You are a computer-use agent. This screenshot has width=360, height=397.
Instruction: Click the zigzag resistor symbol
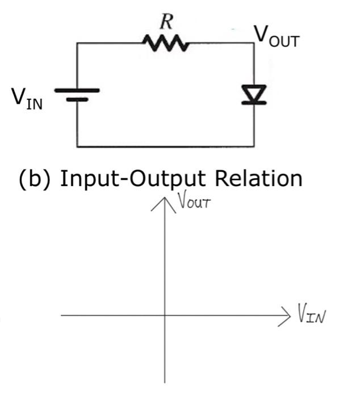coord(165,43)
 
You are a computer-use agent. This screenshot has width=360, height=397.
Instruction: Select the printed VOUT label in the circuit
coord(275,35)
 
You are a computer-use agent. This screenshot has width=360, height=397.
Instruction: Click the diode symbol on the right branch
coord(253,95)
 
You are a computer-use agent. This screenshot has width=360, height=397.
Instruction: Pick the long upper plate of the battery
coord(77,90)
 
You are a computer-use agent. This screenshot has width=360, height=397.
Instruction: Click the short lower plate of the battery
coord(77,99)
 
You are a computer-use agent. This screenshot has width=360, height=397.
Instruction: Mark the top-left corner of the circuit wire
coord(77,43)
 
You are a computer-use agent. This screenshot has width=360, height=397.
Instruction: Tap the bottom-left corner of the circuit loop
coord(77,146)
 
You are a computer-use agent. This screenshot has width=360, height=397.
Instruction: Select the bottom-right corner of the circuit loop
coord(253,146)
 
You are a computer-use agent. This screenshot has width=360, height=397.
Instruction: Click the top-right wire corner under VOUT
coord(253,43)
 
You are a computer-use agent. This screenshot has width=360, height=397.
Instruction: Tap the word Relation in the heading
coord(258,179)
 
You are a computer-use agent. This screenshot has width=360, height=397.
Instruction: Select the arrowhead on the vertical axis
coord(165,200)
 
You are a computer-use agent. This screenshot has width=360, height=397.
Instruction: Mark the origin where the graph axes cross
coord(165,315)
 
